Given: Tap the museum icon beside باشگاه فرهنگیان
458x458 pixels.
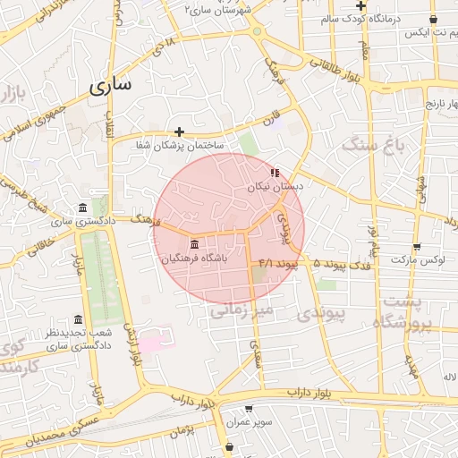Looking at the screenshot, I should click(194, 244).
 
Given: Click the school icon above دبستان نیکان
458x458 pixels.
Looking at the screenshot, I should click(275, 172).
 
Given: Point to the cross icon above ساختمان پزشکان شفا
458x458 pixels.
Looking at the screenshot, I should click(179, 131).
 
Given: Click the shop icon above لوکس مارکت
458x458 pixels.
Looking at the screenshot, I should click(417, 247).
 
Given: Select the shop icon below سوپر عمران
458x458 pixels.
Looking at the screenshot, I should click(230, 445).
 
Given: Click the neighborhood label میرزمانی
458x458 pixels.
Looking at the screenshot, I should click(246, 310).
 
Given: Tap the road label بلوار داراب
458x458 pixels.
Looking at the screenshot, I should click(310, 392).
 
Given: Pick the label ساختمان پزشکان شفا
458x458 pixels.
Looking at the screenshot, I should click(180, 145).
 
